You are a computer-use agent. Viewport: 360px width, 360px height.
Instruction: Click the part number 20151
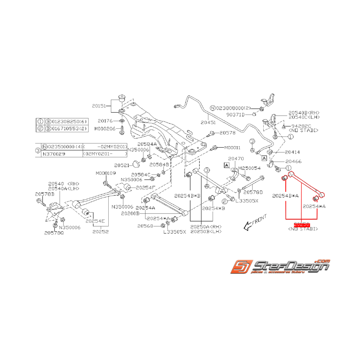[x=99, y=105]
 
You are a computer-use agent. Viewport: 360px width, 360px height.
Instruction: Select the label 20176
[x=105, y=121]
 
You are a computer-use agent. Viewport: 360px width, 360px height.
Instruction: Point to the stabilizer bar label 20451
[x=209, y=122]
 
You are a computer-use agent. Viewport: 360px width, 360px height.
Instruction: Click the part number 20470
[x=235, y=159]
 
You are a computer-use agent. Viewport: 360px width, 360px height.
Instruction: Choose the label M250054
[x=249, y=168]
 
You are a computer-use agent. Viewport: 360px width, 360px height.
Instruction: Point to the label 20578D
[x=253, y=192]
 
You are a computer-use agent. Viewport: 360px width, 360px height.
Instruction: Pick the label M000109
[x=106, y=173]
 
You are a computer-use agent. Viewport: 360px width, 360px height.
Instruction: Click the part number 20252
[x=101, y=232]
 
